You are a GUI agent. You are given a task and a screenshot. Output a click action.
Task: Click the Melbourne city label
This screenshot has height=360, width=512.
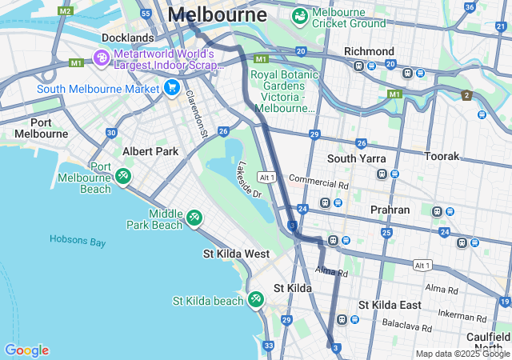pos(218,15)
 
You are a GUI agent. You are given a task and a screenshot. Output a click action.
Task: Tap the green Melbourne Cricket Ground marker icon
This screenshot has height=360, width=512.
pos(300,15)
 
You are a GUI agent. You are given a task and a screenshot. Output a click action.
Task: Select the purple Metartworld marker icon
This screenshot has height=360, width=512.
pos(102,58)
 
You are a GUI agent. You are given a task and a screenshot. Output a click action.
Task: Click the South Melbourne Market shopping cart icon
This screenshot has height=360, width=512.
pos(171,87)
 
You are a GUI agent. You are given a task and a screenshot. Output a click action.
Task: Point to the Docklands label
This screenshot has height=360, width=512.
pos(127,38)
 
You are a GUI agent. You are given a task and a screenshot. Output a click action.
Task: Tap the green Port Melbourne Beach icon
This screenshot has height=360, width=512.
pos(122,175)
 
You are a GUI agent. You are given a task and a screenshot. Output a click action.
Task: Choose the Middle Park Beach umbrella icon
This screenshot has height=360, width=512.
pos(194,218)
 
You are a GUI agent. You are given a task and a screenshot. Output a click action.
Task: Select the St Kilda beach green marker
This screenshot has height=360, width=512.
pos(255,299)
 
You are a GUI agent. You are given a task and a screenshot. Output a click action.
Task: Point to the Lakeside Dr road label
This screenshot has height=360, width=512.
pos(249,179)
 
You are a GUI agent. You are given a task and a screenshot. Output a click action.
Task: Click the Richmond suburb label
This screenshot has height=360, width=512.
pos(369,51)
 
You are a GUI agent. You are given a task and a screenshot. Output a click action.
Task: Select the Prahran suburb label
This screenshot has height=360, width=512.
pos(390,210)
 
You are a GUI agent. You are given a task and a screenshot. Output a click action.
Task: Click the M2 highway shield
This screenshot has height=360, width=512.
pos(66,11)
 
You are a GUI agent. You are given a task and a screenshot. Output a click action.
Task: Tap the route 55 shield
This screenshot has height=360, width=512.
pos(145,14)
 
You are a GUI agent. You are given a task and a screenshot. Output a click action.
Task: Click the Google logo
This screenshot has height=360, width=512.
pos(26,350)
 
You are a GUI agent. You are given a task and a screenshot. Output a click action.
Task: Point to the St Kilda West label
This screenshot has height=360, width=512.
pos(236,254)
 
